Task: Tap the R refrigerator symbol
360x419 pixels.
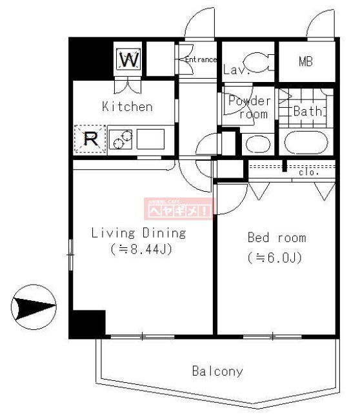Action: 91,139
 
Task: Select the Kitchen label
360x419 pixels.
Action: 127,107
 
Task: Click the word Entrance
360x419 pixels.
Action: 200,60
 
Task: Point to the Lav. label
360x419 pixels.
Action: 232,70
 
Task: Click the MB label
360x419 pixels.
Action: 306,62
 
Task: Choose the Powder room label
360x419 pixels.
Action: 249,107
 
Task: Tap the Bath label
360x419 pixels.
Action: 308,112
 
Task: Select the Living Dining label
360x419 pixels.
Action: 138,233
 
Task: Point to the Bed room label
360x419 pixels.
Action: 277,238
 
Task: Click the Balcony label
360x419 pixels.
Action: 217,371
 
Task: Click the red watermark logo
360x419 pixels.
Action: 179,208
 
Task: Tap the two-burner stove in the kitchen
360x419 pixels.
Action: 121,139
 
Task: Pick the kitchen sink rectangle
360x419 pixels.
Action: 150,139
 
